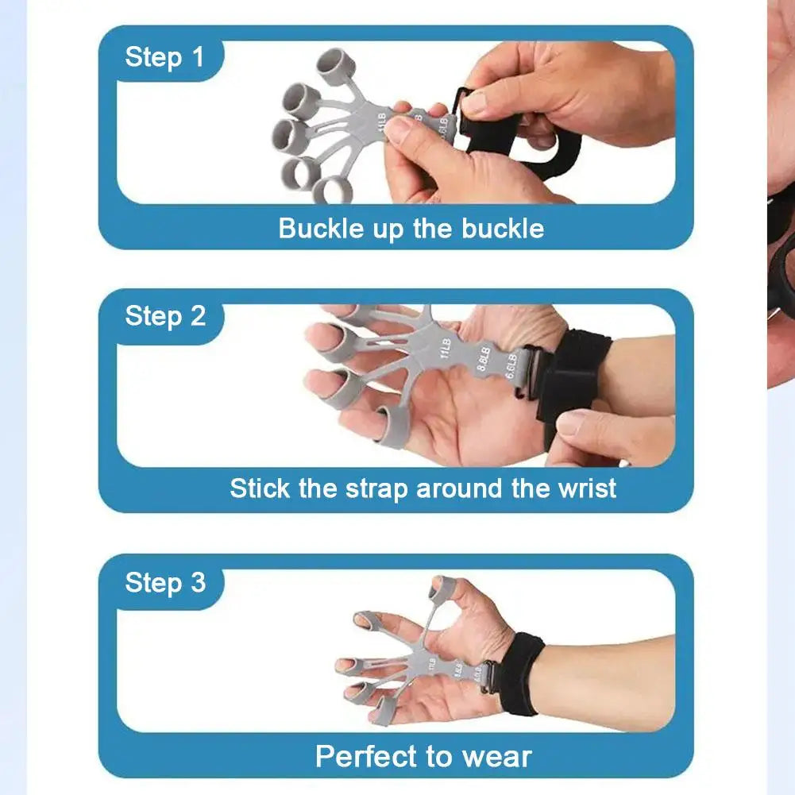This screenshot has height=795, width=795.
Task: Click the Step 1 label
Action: pos(164,57)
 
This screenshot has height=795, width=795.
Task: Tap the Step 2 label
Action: pos(164,316)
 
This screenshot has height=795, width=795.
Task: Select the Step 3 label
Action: pos(164,582)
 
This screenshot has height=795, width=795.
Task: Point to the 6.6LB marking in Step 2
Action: pos(512,367)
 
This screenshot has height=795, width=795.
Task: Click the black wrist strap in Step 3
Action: pos(521,673)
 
